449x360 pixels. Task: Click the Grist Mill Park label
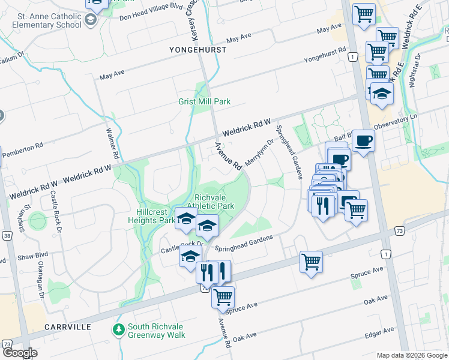[204, 102]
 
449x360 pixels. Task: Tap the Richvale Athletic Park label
[214, 201]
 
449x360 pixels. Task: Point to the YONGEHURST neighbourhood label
[198, 50]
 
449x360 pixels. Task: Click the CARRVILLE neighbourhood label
[67, 327]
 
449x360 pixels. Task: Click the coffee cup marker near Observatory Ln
[363, 142]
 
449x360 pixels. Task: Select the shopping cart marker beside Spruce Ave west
[223, 296]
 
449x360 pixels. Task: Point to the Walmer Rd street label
[110, 143]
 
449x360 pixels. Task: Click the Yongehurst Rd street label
[325, 56]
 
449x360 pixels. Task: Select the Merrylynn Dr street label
[259, 154]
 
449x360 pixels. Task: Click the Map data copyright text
[411, 355]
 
